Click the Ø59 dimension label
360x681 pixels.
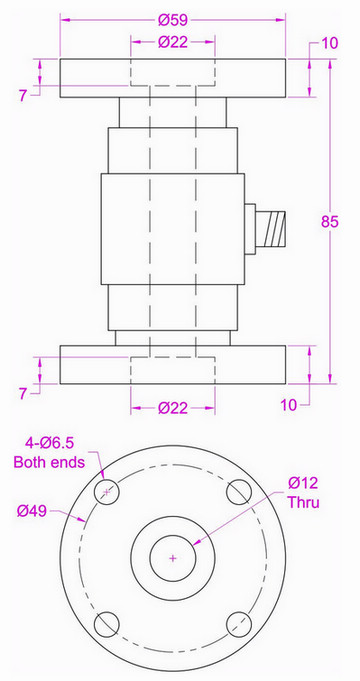pos(173,20)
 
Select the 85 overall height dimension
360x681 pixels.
pos(330,221)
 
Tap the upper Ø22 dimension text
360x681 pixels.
pos(173,42)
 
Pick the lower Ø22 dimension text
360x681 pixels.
pos(173,408)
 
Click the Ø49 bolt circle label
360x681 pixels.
pos(32,511)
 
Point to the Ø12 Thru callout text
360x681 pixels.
pos(304,493)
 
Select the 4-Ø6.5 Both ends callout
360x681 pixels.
pos(49,452)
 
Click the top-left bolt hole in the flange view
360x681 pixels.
pos(106,492)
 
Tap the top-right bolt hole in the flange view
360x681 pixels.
pos(239,492)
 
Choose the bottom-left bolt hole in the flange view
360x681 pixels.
pos(106,625)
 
